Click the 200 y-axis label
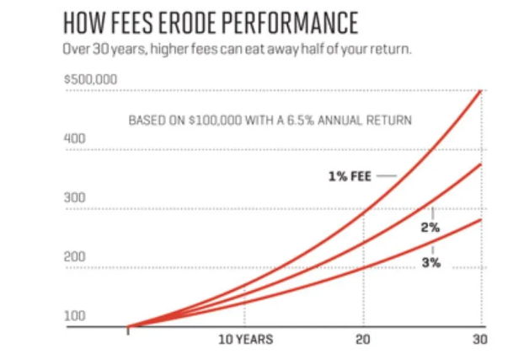click(75, 256)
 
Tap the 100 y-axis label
click(75, 315)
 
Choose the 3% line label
click(431, 263)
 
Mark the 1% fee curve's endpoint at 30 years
click(481, 89)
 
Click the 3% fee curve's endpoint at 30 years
click(481, 219)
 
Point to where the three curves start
click(128, 325)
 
